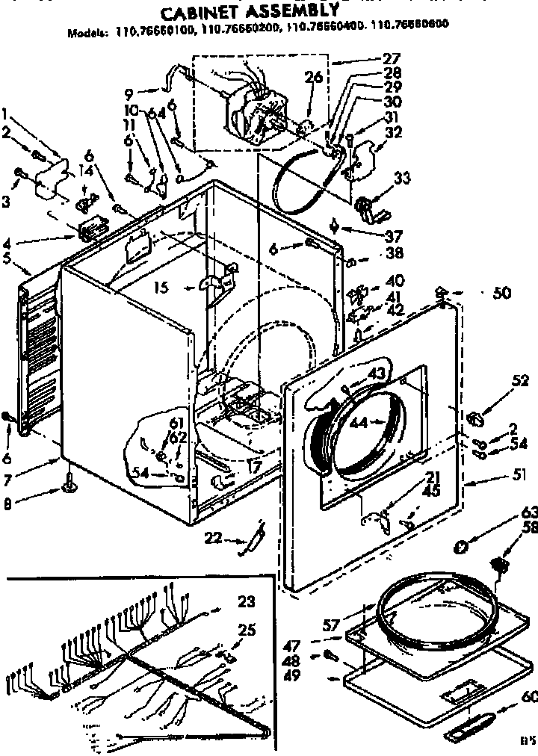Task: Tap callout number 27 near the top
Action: [x=392, y=59]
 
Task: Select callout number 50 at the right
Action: [x=501, y=293]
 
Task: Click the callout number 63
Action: [x=529, y=512]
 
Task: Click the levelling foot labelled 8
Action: [x=69, y=489]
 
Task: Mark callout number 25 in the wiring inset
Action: [x=246, y=630]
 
